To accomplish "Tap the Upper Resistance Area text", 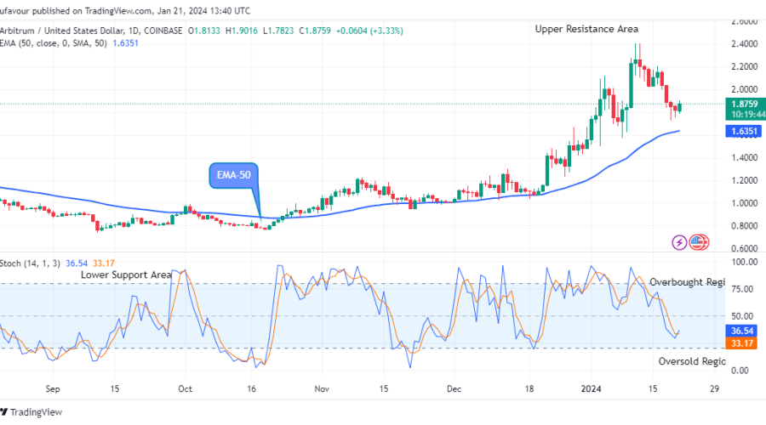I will coord(586,29).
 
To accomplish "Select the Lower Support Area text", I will coord(126,275).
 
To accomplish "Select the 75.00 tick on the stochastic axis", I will coord(742,289).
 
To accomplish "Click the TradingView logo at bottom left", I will coord(32,412).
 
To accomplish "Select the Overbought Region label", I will coord(687,281).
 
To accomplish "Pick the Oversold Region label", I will coord(691,361).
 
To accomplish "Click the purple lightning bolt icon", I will coord(679,242).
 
